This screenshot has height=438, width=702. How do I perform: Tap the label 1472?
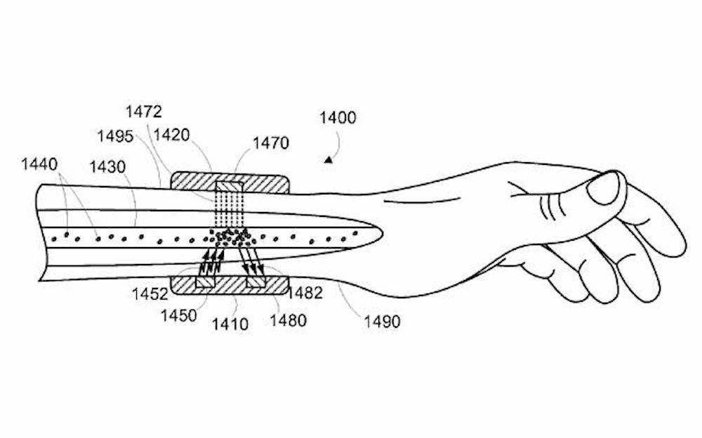pyautogui.click(x=144, y=112)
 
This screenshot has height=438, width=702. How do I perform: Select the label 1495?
pyautogui.click(x=116, y=136)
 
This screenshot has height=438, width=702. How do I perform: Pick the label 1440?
pyautogui.click(x=39, y=165)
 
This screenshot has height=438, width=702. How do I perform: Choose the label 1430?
pyautogui.click(x=107, y=168)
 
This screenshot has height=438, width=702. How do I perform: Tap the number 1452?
pyautogui.click(x=149, y=293)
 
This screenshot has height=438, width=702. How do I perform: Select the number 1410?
pyautogui.click(x=230, y=324)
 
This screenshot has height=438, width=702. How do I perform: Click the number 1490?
pyautogui.click(x=382, y=321)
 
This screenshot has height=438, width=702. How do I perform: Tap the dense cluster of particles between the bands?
pyautogui.click(x=230, y=237)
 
